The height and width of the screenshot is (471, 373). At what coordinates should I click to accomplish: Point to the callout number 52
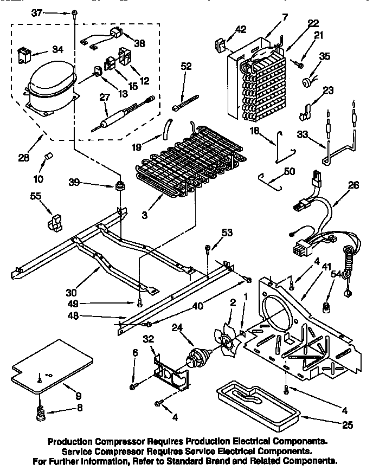click(186, 66)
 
